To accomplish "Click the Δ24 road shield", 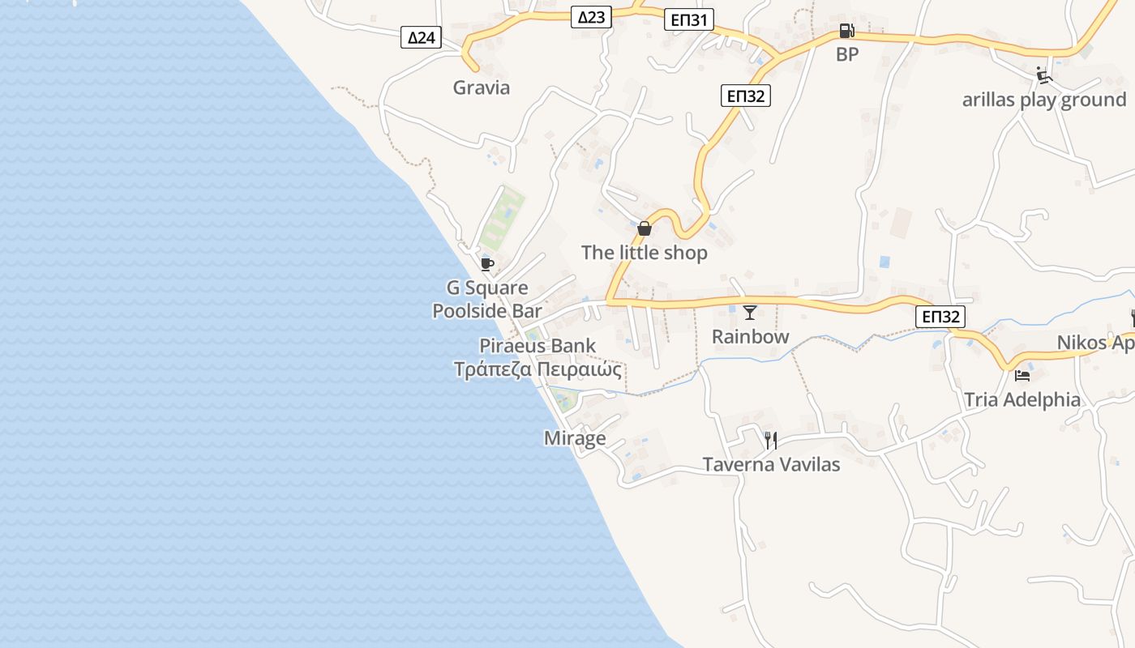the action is coord(421,37).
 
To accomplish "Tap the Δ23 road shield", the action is coord(591,16).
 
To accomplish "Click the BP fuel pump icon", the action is coord(846,32).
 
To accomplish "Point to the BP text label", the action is coord(847,54).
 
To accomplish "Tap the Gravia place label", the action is coord(482,87).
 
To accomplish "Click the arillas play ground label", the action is coord(1044,100).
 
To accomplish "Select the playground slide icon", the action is coord(1043,75).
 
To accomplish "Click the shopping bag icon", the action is coord(645,228).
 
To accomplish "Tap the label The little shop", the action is coord(645,253).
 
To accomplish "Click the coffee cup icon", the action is coord(487,264).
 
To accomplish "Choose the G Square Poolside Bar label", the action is coord(487,299).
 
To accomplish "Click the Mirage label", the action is coord(575,438).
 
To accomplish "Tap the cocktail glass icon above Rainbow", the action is coord(750,313).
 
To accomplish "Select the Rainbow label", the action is coord(750,336).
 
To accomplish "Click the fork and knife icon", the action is coord(771,441).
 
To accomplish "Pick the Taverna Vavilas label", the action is coord(771,464).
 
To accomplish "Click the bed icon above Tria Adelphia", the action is coord(1022,376).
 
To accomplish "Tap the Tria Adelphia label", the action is coord(1022,399).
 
